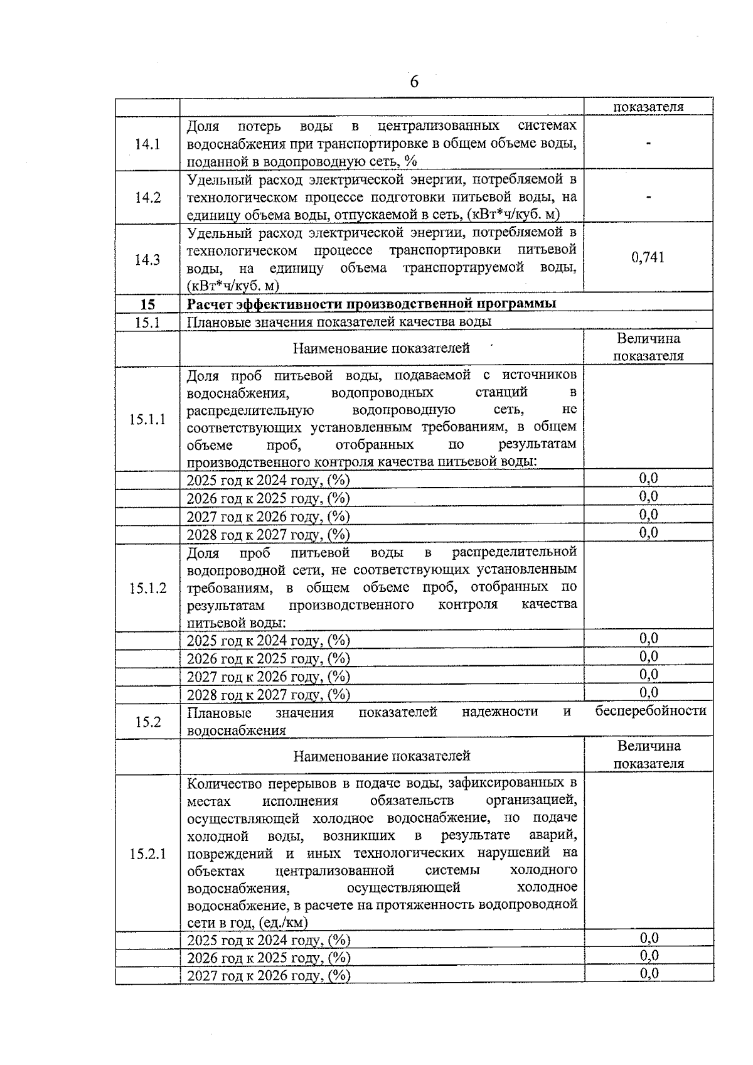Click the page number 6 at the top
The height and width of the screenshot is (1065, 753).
click(414, 82)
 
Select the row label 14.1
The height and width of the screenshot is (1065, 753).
click(147, 144)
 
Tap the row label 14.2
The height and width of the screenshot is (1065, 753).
click(147, 198)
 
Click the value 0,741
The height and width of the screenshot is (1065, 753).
click(648, 257)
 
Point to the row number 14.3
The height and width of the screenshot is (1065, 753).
click(147, 259)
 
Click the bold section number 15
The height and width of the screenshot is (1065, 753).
click(147, 305)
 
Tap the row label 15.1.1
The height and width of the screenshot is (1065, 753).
click(147, 419)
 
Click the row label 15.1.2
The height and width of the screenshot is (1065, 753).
click(147, 588)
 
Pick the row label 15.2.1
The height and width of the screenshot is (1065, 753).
click(147, 854)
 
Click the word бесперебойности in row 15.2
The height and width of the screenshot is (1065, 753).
click(650, 710)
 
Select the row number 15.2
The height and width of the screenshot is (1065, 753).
click(147, 722)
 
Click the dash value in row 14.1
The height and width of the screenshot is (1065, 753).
click(648, 144)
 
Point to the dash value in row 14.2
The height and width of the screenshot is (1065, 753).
click(648, 198)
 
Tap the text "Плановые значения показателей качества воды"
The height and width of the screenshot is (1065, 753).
click(339, 322)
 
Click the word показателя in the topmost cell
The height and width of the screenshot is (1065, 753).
click(648, 107)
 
